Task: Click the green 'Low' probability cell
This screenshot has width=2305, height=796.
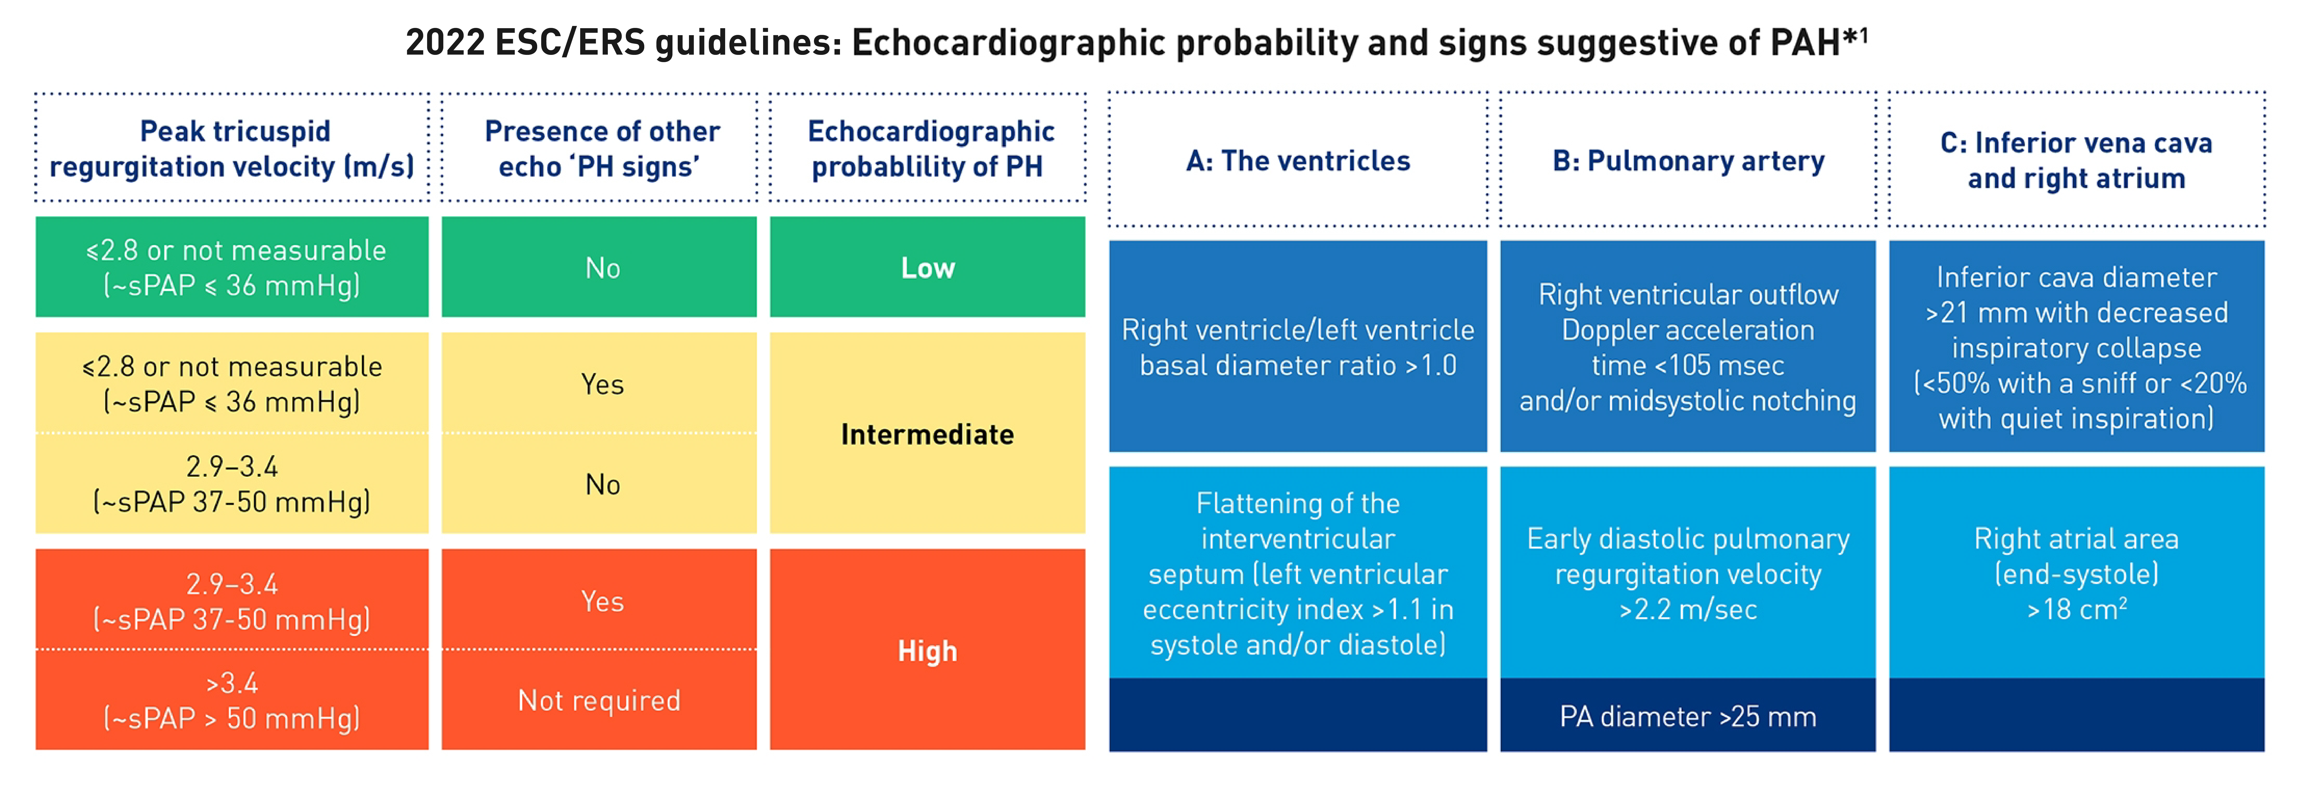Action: tap(927, 267)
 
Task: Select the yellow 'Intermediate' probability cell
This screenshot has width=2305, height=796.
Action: tap(927, 434)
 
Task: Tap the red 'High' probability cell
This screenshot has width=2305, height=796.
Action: tap(927, 650)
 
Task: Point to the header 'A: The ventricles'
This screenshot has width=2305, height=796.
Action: tap(1298, 161)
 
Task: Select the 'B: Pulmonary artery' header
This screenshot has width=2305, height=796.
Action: tap(1688, 161)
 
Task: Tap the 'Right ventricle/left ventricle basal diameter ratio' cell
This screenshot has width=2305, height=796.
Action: tap(1298, 347)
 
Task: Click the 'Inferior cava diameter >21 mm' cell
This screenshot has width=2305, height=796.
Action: tap(2076, 347)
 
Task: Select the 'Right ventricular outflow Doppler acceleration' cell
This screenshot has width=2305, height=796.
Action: tap(1688, 347)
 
